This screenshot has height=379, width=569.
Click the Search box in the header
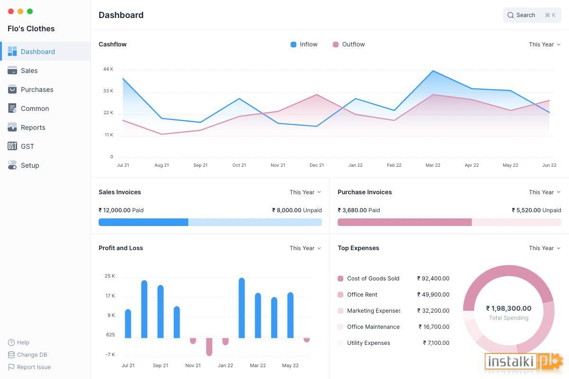coord(532,15)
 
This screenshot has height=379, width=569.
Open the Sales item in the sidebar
coord(29,71)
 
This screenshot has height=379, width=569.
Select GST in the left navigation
coord(27,146)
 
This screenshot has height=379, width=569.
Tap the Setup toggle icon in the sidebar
coord(12,165)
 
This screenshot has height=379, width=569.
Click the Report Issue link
coord(34,367)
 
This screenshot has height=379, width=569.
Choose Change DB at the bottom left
coord(32,355)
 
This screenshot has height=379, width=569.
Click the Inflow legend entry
coord(304,45)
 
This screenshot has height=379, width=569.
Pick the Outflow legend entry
coord(349,45)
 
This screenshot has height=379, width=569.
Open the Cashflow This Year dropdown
coord(544,45)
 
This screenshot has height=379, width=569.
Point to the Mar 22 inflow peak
coord(433,71)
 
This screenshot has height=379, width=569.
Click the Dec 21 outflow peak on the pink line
coord(317,95)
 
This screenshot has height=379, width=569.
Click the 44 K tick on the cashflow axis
coord(108,69)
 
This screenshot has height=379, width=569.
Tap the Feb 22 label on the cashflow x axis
coord(394,165)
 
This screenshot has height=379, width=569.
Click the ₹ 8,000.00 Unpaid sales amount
coord(297,210)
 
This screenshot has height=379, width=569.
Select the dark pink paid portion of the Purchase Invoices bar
coord(404,222)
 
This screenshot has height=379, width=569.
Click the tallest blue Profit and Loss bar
coord(241,308)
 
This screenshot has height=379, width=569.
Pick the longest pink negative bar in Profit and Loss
coord(209,347)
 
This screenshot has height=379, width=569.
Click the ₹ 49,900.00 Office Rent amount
coord(433,295)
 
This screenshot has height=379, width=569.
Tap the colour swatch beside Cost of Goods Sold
coord(340,279)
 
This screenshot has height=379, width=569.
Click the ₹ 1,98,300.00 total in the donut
coord(508,308)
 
